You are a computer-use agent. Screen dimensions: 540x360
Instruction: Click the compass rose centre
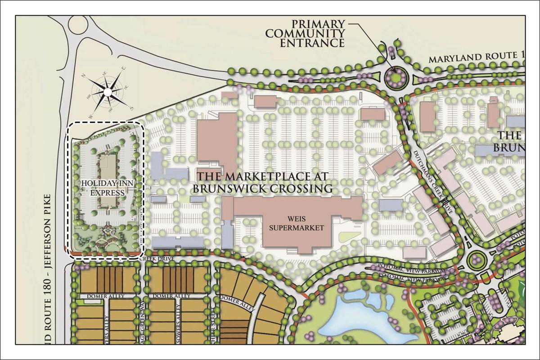108,92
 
